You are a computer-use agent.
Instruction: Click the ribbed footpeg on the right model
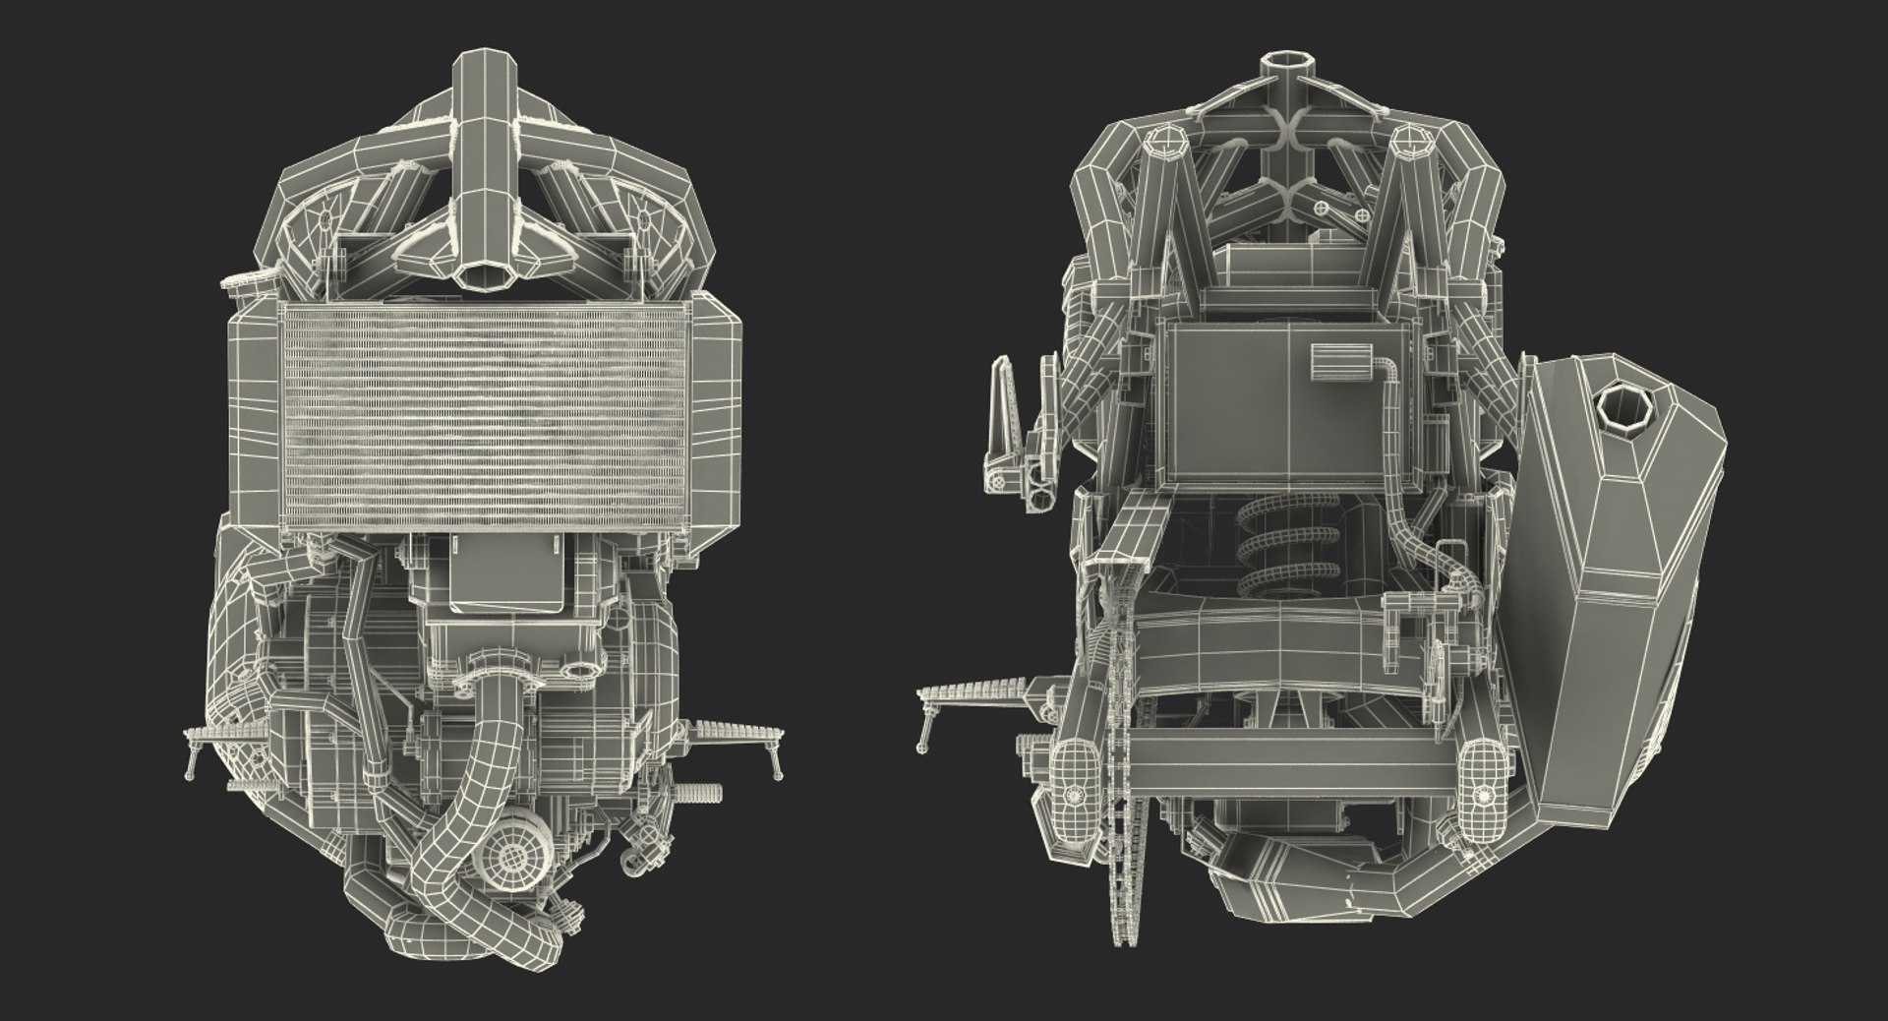click(973, 699)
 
